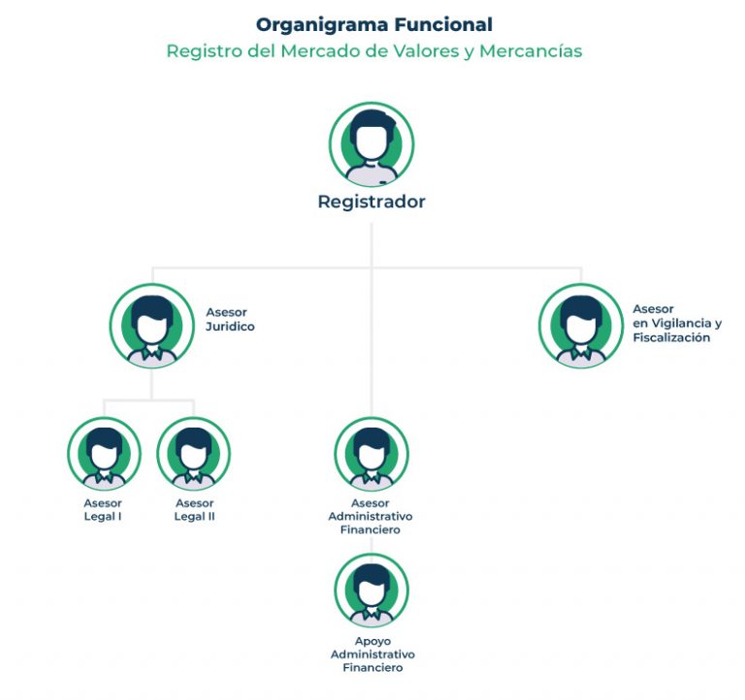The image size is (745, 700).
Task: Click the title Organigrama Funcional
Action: click(x=373, y=25)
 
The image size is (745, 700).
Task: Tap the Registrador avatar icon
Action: click(x=372, y=144)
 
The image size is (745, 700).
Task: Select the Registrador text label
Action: click(x=372, y=202)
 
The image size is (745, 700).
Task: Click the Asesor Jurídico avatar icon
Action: click(x=152, y=326)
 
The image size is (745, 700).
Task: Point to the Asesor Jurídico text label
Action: click(x=230, y=319)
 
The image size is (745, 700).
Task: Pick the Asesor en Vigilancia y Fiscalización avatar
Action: click(x=581, y=326)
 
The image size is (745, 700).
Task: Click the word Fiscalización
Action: click(x=671, y=337)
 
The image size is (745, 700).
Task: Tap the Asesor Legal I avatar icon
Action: click(x=104, y=454)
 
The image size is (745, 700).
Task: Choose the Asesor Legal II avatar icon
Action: click(x=193, y=454)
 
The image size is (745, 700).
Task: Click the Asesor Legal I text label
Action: click(x=103, y=510)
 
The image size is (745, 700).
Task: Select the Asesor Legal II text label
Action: click(x=194, y=510)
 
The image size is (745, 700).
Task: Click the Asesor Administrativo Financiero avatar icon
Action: click(x=372, y=454)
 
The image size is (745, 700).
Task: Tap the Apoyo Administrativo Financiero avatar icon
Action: click(x=372, y=590)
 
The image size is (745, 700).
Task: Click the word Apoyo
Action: click(x=372, y=642)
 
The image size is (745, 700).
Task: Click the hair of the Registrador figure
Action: click(x=372, y=121)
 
